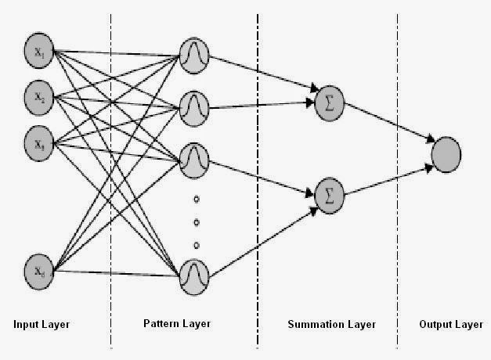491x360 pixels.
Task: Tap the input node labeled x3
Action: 38,143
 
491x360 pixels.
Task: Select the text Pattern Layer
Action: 177,324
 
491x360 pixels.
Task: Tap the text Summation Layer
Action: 331,324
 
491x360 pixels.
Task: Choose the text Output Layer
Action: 449,324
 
